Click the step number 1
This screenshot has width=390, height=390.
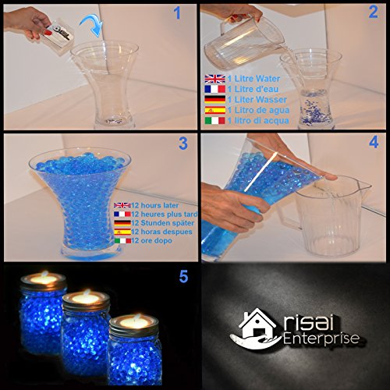point(177,13)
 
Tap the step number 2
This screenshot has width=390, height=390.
point(373,12)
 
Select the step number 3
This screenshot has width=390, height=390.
point(183,144)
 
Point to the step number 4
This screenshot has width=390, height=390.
point(374,143)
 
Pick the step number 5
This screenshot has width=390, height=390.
point(183,276)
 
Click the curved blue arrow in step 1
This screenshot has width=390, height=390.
point(92,26)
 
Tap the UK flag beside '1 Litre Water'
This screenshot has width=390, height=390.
point(214,79)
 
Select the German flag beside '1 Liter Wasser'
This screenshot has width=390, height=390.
point(214,99)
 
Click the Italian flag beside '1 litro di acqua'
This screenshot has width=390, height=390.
point(214,121)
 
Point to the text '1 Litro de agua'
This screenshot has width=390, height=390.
point(258,110)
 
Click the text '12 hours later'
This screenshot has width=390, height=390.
point(154,205)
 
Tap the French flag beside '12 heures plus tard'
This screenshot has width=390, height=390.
point(122,214)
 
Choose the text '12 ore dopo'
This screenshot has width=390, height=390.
point(151,240)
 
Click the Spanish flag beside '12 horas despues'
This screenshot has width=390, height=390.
point(122,232)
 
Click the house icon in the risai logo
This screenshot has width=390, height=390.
point(257,322)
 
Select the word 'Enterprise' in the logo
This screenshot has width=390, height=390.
point(321,339)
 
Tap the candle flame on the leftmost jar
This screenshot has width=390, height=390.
point(45,274)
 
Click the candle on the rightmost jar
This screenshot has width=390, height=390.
point(134,322)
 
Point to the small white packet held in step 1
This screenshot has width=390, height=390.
point(58,37)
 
